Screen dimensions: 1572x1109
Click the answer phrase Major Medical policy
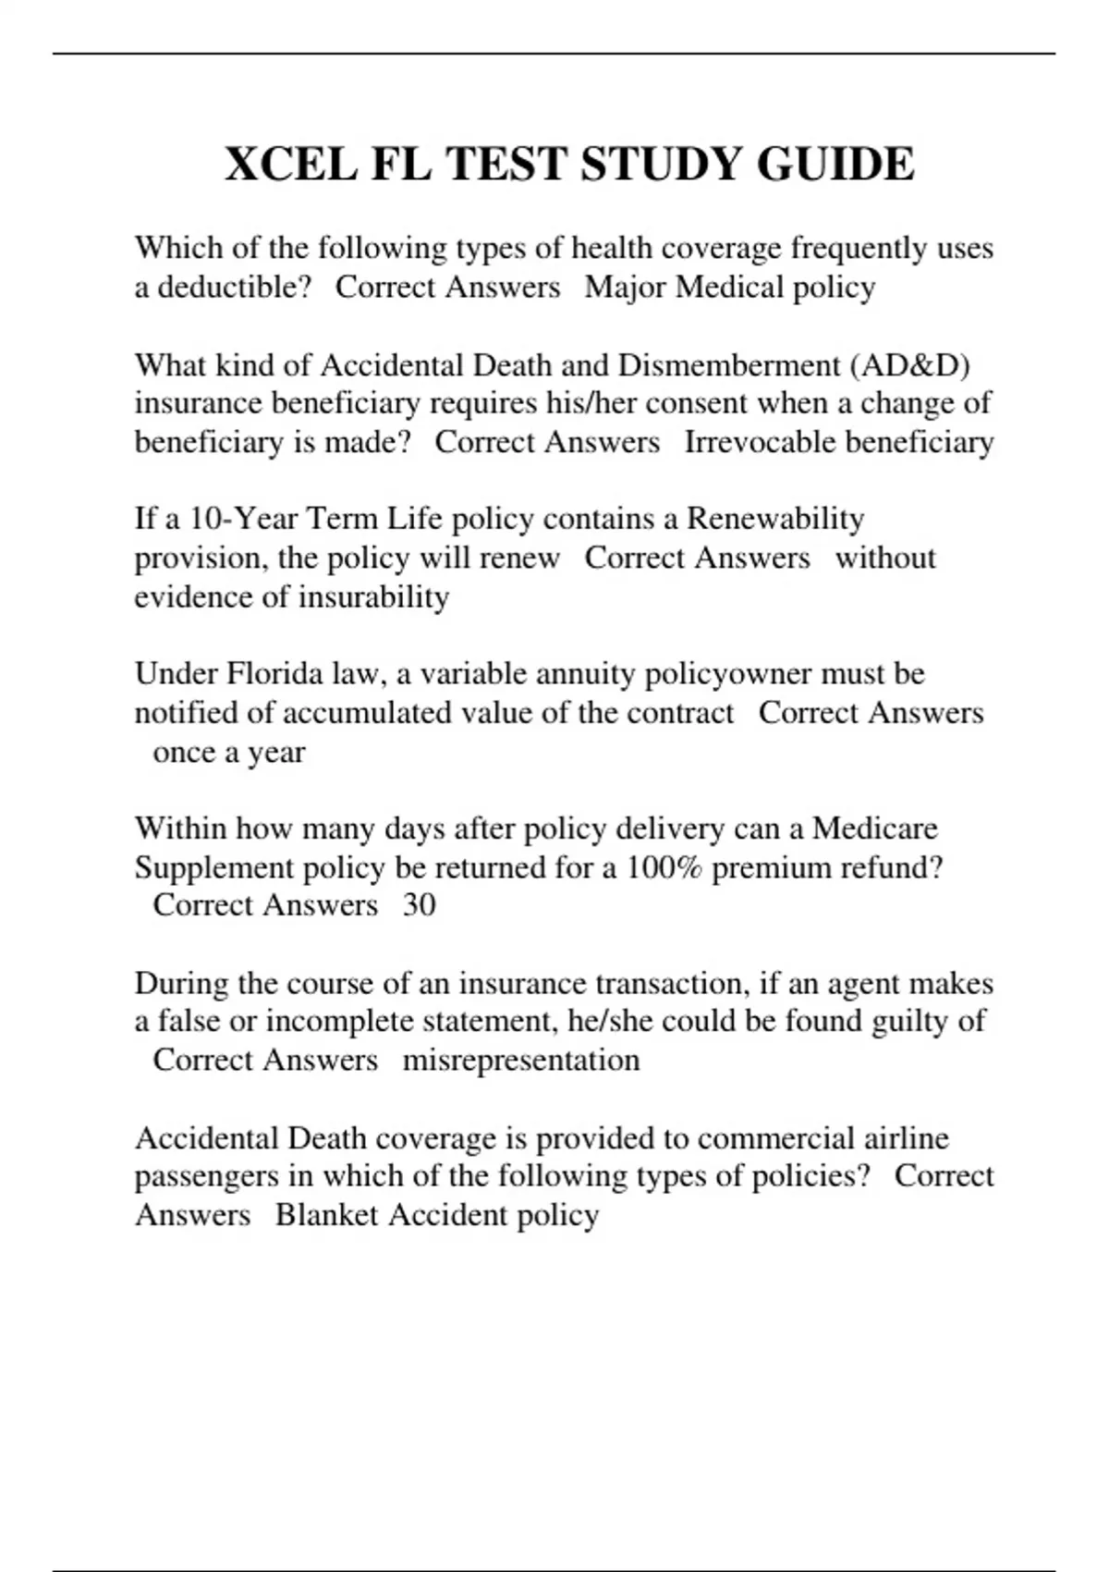(x=730, y=288)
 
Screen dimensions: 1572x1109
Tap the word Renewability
(x=775, y=519)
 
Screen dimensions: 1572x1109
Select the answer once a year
(x=228, y=752)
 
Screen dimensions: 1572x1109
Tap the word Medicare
(x=874, y=828)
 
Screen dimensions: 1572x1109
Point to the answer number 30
(x=419, y=904)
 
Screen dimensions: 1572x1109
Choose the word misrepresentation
(x=521, y=1060)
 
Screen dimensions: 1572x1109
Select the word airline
(x=906, y=1137)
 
